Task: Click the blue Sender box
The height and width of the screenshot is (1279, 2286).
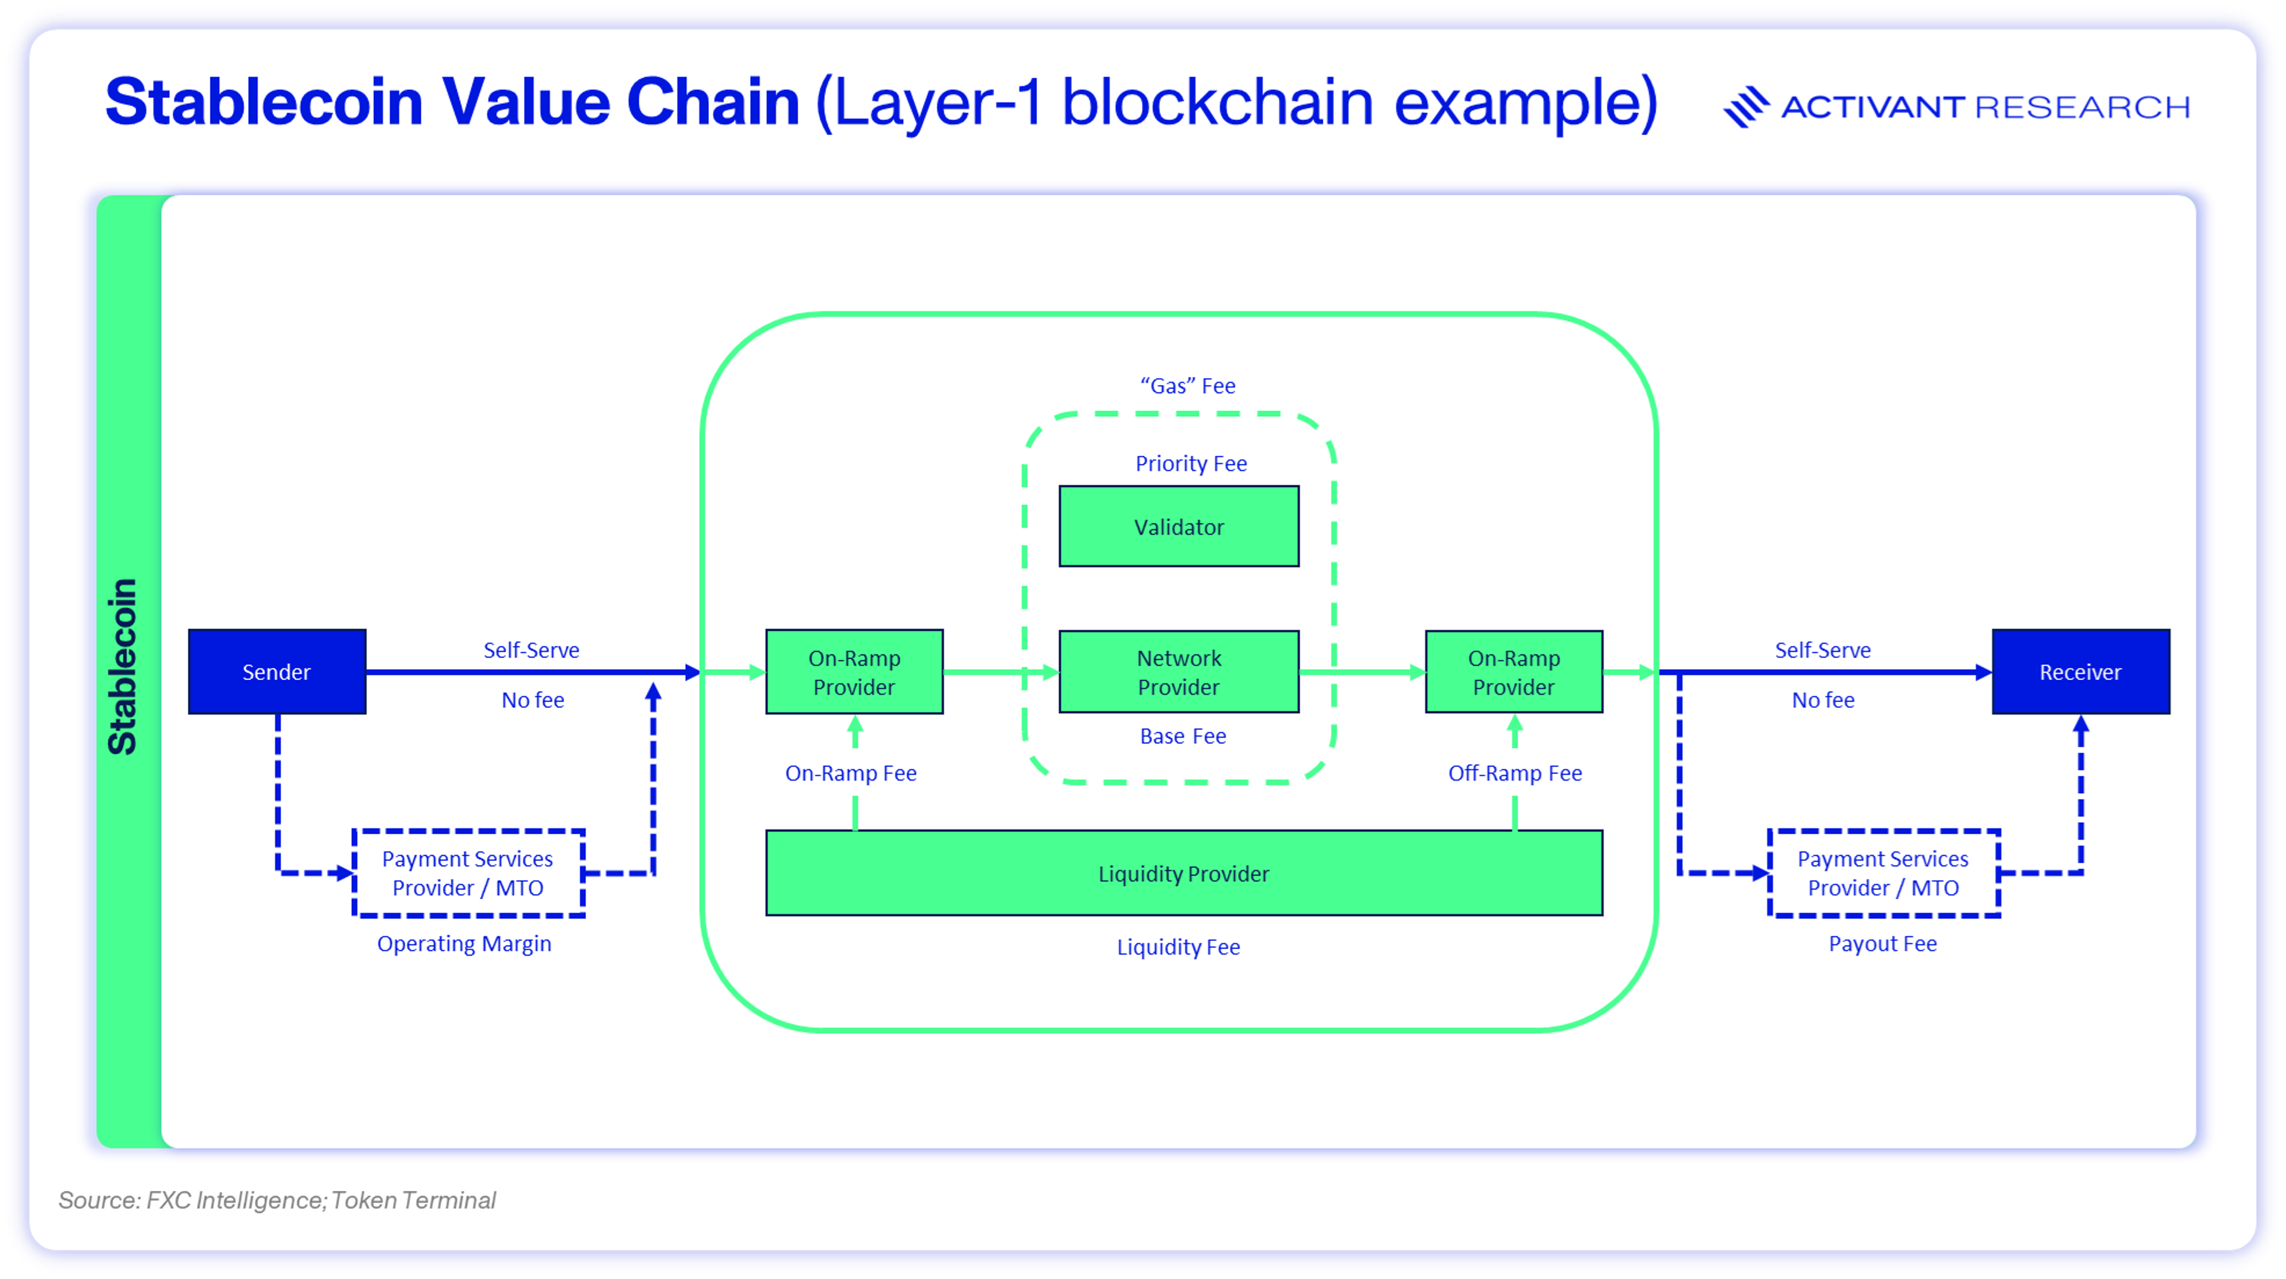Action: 277,672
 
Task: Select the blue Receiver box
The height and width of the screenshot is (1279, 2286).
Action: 2080,672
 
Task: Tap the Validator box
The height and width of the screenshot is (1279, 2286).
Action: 1179,526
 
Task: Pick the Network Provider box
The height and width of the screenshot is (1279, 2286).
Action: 1179,672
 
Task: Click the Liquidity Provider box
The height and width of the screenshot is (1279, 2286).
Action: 1184,874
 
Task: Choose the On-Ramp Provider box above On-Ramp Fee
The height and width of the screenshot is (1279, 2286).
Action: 854,672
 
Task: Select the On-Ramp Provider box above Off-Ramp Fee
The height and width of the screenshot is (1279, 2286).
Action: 1514,672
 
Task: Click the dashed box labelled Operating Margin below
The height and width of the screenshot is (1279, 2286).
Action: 468,874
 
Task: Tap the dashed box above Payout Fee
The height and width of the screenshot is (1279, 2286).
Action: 1883,874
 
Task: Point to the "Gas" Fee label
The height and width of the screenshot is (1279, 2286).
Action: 1188,386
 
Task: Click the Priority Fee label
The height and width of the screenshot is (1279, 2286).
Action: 1191,463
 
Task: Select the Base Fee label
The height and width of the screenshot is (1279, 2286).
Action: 1183,736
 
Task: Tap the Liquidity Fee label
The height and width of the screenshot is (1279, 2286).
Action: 1179,947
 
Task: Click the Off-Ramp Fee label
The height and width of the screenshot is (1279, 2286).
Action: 1515,773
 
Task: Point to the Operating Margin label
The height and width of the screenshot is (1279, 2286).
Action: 464,944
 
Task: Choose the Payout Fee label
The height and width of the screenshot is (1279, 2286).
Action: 1882,944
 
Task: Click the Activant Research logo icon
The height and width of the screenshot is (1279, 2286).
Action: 1745,107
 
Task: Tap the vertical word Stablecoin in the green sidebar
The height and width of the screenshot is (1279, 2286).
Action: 123,666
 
